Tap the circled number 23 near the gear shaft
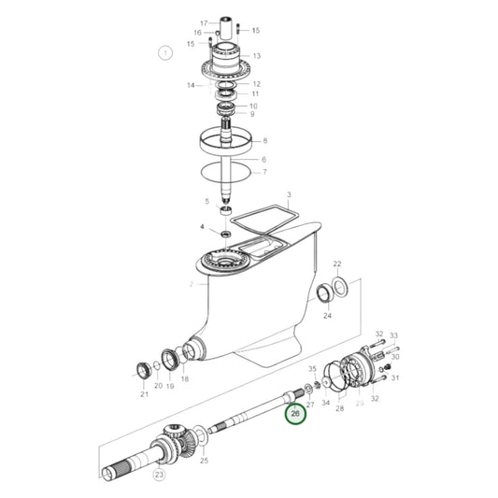coord(159,475)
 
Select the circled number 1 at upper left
coord(165,53)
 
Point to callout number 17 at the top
coord(204,22)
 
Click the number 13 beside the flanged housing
coord(256,56)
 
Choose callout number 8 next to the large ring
coord(264,141)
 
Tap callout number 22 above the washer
coord(337,264)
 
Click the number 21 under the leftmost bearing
coord(144,394)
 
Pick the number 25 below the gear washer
coord(205,462)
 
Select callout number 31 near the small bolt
coord(395,377)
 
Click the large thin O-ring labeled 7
coord(228,173)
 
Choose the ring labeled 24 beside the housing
coord(325,296)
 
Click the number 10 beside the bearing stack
coord(253,106)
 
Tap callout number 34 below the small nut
coord(326,403)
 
